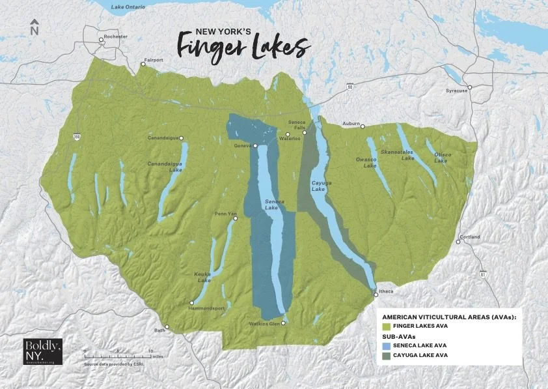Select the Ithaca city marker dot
point(376,295)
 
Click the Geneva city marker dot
point(255,146)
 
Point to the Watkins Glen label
point(264,324)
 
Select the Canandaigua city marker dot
point(182,137)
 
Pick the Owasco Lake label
point(366,162)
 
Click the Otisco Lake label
point(443,157)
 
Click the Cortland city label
point(469,237)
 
